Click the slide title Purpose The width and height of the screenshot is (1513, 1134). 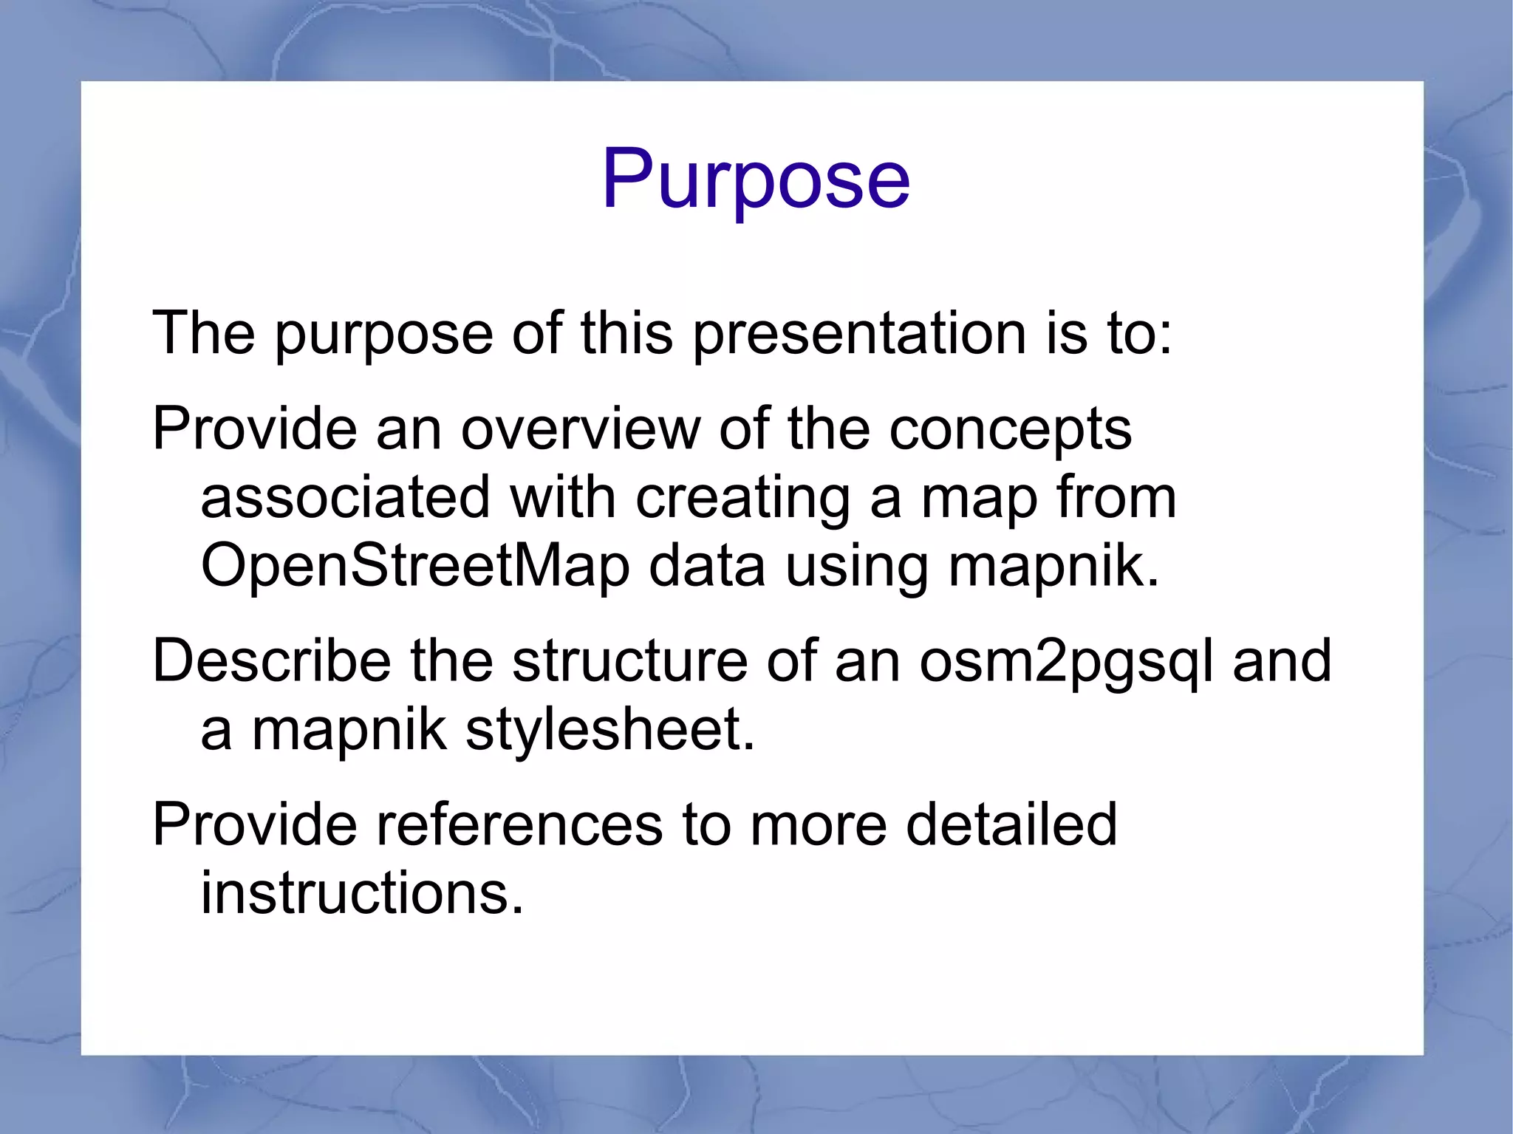coord(756,180)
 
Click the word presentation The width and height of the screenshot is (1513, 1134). coord(859,333)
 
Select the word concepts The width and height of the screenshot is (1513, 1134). coord(1010,430)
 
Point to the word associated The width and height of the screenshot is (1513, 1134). coord(345,496)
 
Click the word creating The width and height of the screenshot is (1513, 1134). coord(742,498)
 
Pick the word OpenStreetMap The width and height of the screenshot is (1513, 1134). coord(415,567)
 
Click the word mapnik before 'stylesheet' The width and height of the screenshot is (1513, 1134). coord(349,730)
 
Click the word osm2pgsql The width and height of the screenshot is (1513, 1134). coord(1065,662)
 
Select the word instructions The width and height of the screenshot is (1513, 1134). coord(362,892)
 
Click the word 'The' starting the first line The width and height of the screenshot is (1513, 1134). coord(203,333)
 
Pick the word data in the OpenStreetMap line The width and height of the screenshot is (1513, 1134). coord(707,567)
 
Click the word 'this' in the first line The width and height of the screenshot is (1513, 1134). coord(626,333)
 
